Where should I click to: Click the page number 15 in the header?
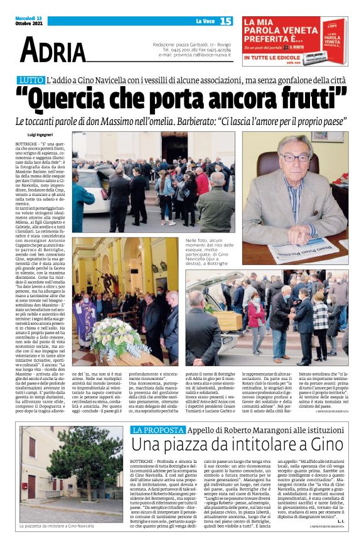click(226, 21)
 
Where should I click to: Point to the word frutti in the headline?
click(311, 100)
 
